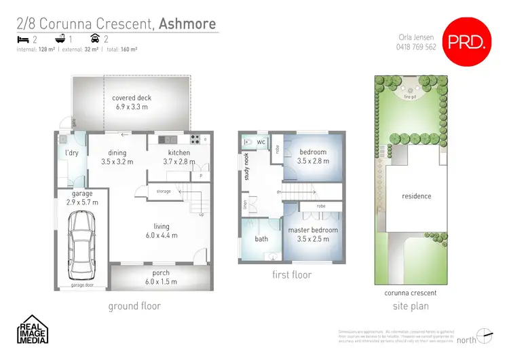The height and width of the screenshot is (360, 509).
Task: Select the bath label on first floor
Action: [x=261, y=239]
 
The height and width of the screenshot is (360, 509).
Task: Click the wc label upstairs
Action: [x=261, y=143]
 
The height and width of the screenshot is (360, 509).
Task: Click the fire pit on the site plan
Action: [x=410, y=97]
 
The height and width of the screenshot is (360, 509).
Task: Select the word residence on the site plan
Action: [x=416, y=196]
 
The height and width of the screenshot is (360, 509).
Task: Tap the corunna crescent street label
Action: [x=410, y=293]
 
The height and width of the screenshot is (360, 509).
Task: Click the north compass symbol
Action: [x=483, y=334]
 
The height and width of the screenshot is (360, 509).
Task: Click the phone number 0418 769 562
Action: [x=417, y=47]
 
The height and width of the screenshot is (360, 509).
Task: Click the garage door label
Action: [x=82, y=286]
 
